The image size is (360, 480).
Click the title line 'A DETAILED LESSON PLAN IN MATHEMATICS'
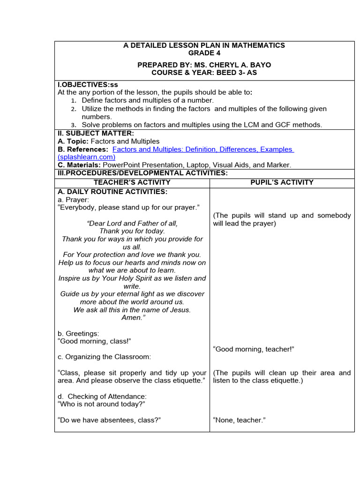point(204,45)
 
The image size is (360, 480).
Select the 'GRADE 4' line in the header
point(204,53)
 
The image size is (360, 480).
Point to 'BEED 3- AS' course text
point(234,73)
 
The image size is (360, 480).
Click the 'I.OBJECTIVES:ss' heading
point(88,85)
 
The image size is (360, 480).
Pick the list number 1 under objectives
point(73,101)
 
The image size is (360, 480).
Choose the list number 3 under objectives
point(73,125)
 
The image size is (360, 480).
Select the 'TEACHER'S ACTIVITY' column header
point(132,182)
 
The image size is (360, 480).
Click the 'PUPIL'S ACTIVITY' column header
point(282,182)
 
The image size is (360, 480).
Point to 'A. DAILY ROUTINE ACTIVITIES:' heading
point(112,192)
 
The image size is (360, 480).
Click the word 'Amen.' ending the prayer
point(132,317)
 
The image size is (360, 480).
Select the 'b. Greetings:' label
point(78,333)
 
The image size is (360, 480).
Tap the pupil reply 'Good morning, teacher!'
point(254,349)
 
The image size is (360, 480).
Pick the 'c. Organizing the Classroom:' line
point(104,357)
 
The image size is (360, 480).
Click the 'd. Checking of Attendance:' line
point(102,396)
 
